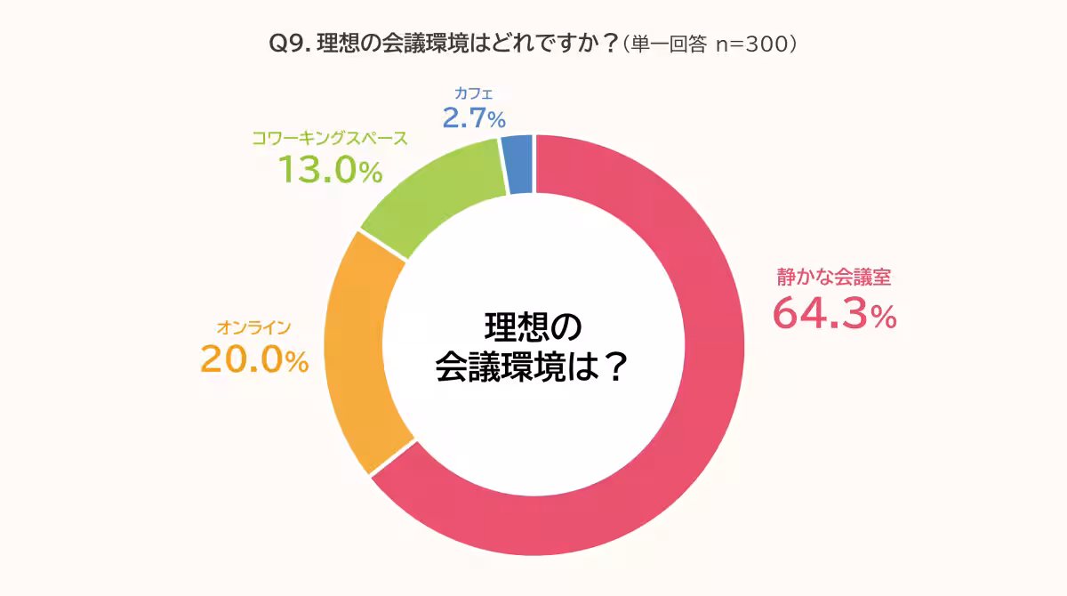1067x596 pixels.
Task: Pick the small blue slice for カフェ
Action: tap(517, 165)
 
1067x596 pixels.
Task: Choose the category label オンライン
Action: tap(254, 326)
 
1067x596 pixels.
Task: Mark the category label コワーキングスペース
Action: tap(330, 139)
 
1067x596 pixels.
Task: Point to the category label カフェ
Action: tap(473, 93)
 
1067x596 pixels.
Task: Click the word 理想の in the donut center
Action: tap(533, 326)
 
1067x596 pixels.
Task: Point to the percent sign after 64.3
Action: tap(883, 317)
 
